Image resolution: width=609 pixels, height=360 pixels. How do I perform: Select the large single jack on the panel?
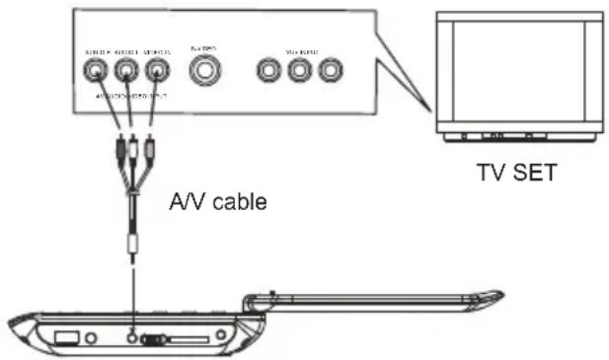pyautogui.click(x=205, y=70)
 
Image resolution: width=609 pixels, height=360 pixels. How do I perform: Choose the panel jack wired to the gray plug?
pyautogui.click(x=156, y=70)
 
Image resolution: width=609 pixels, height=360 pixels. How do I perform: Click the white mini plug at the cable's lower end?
pyautogui.click(x=130, y=243)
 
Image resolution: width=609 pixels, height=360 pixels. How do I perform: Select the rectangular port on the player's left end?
pyautogui.click(x=65, y=337)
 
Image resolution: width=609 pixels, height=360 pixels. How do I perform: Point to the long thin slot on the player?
pyautogui.click(x=191, y=341)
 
